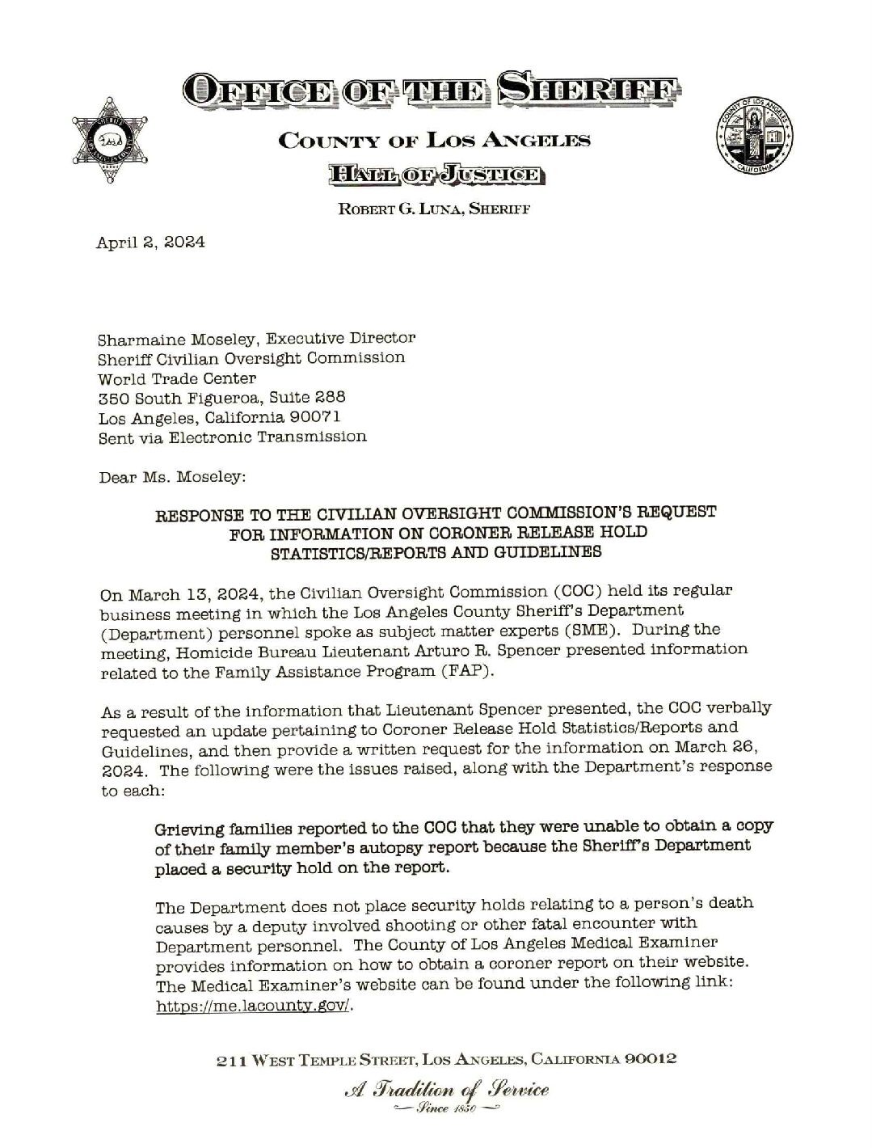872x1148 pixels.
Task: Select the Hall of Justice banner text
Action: click(436, 174)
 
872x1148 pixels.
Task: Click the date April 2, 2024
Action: click(150, 242)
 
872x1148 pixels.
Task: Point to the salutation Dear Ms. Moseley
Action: click(171, 477)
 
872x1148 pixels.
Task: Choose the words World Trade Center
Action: click(177, 378)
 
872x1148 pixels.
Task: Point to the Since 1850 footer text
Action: click(444, 1111)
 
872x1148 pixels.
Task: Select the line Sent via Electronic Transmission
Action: click(232, 437)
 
